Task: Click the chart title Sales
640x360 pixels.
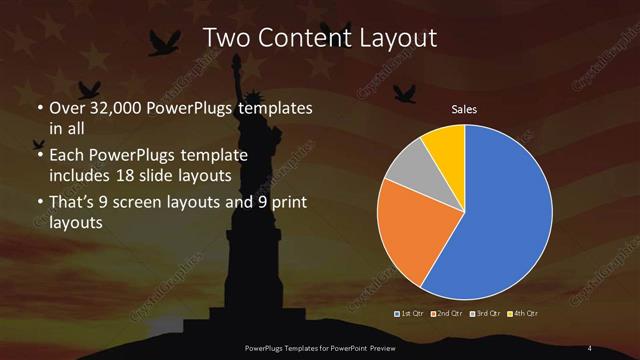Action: click(x=463, y=108)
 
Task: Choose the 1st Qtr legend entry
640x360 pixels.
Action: click(x=412, y=314)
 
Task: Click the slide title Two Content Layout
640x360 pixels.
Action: click(x=319, y=39)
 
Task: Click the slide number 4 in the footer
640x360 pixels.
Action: click(x=589, y=347)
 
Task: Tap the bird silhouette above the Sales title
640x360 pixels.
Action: click(x=405, y=92)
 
